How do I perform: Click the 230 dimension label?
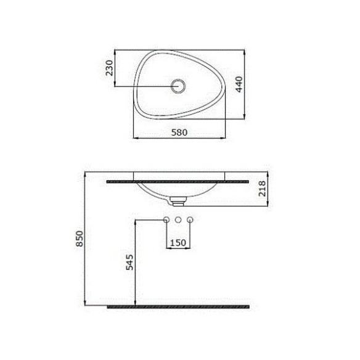[110, 68]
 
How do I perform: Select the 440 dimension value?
[239, 84]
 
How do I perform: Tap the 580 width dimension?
[179, 133]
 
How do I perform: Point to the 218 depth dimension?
[262, 189]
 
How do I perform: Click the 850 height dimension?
[80, 239]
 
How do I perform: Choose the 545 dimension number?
[129, 262]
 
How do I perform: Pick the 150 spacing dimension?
[178, 243]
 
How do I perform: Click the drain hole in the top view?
[178, 86]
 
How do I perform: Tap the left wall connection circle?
[166, 219]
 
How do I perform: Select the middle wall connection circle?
[178, 219]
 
